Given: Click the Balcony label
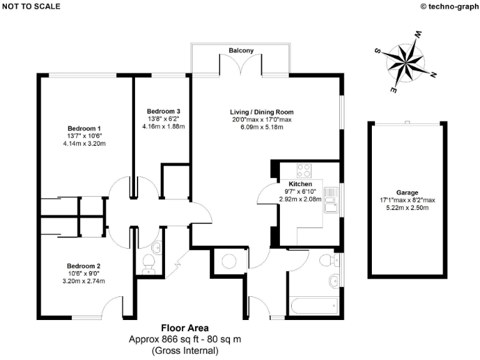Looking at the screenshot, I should coord(241,50).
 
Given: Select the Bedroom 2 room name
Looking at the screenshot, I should coord(84,265).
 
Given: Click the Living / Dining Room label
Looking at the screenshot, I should coord(262,111).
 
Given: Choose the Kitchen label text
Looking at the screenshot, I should coord(300,184).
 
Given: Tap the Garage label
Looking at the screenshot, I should coord(407,192).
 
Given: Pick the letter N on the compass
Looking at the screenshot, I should coord(432,75).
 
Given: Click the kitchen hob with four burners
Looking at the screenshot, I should coord(304,169).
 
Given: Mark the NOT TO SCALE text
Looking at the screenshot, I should coord(31,6).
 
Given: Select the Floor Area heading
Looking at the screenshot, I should coord(185,327).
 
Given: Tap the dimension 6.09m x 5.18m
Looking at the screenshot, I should coord(262,127).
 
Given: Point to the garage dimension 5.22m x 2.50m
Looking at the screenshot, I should coord(407,207).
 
